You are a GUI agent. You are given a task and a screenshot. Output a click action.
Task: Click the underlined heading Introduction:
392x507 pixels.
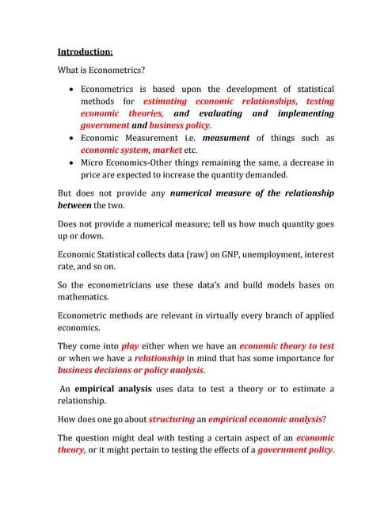point(85,52)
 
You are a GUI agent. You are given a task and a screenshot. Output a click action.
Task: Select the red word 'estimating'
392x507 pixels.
point(165,101)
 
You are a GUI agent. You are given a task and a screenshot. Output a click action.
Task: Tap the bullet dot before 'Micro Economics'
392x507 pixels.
point(72,162)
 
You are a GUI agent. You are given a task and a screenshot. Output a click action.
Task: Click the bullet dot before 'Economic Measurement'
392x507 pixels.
point(72,138)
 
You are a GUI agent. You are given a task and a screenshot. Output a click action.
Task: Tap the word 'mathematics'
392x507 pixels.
point(86,298)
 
